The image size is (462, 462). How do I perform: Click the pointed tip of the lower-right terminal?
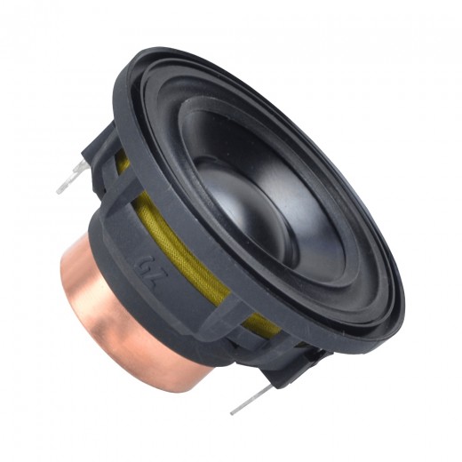233,410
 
